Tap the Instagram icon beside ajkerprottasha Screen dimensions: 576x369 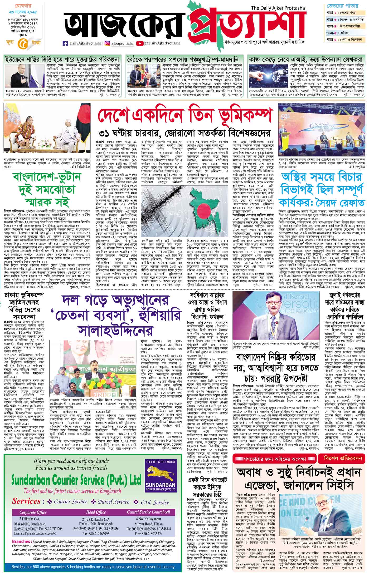tap(107, 43)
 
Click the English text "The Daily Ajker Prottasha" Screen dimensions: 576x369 tap(280, 8)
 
